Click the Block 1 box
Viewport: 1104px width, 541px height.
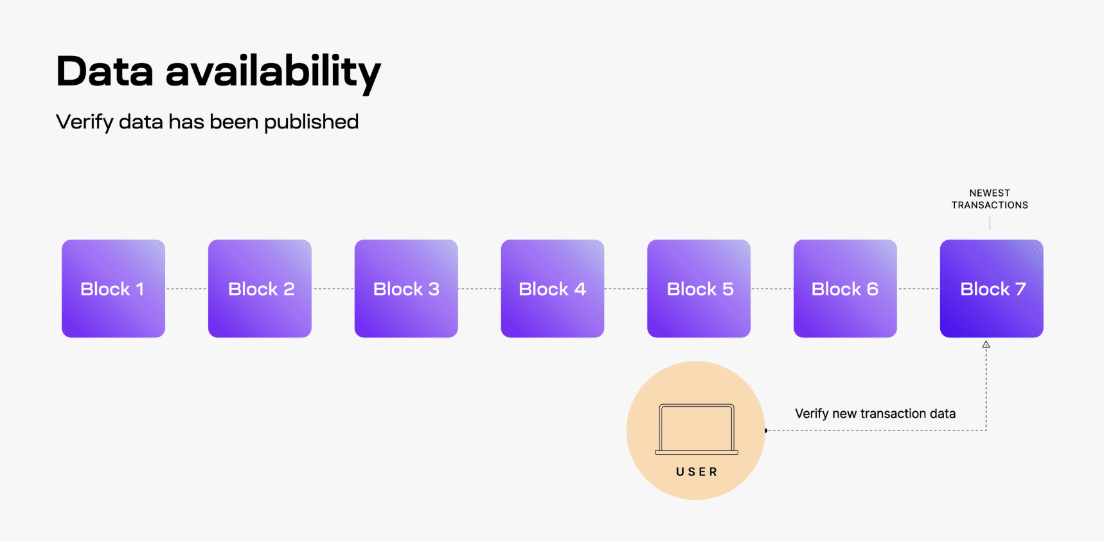point(113,288)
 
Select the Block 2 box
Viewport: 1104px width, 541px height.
point(260,288)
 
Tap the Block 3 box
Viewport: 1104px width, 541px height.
point(406,288)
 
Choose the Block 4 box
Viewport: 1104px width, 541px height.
point(553,288)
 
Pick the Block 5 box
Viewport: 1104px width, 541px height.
point(699,288)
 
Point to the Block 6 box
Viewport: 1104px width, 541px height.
point(845,288)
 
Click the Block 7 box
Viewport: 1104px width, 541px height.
point(992,288)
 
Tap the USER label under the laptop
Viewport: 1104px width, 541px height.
point(697,472)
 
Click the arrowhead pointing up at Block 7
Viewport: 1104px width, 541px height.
point(986,345)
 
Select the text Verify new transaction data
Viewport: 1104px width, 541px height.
point(875,414)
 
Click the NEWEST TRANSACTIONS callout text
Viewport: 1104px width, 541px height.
point(990,199)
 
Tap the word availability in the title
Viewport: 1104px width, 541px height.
point(273,72)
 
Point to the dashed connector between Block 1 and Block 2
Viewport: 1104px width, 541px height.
point(186,289)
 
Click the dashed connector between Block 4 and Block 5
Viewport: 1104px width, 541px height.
point(625,289)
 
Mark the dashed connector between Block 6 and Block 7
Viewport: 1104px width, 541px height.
point(918,289)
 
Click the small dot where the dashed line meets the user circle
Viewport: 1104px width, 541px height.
point(766,430)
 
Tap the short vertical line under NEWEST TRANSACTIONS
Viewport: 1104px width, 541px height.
point(990,223)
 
